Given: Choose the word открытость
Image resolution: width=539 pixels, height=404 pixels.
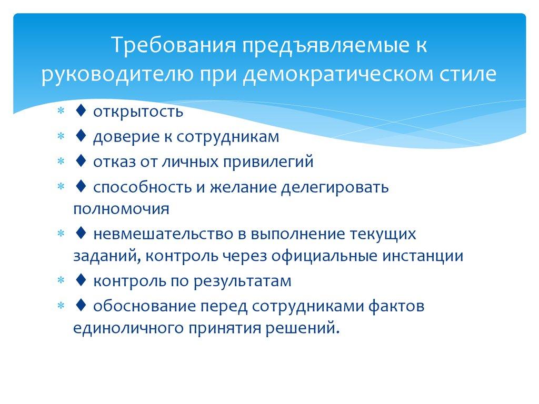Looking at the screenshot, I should coord(139,112).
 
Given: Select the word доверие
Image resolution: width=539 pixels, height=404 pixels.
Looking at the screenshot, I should coord(124,137).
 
